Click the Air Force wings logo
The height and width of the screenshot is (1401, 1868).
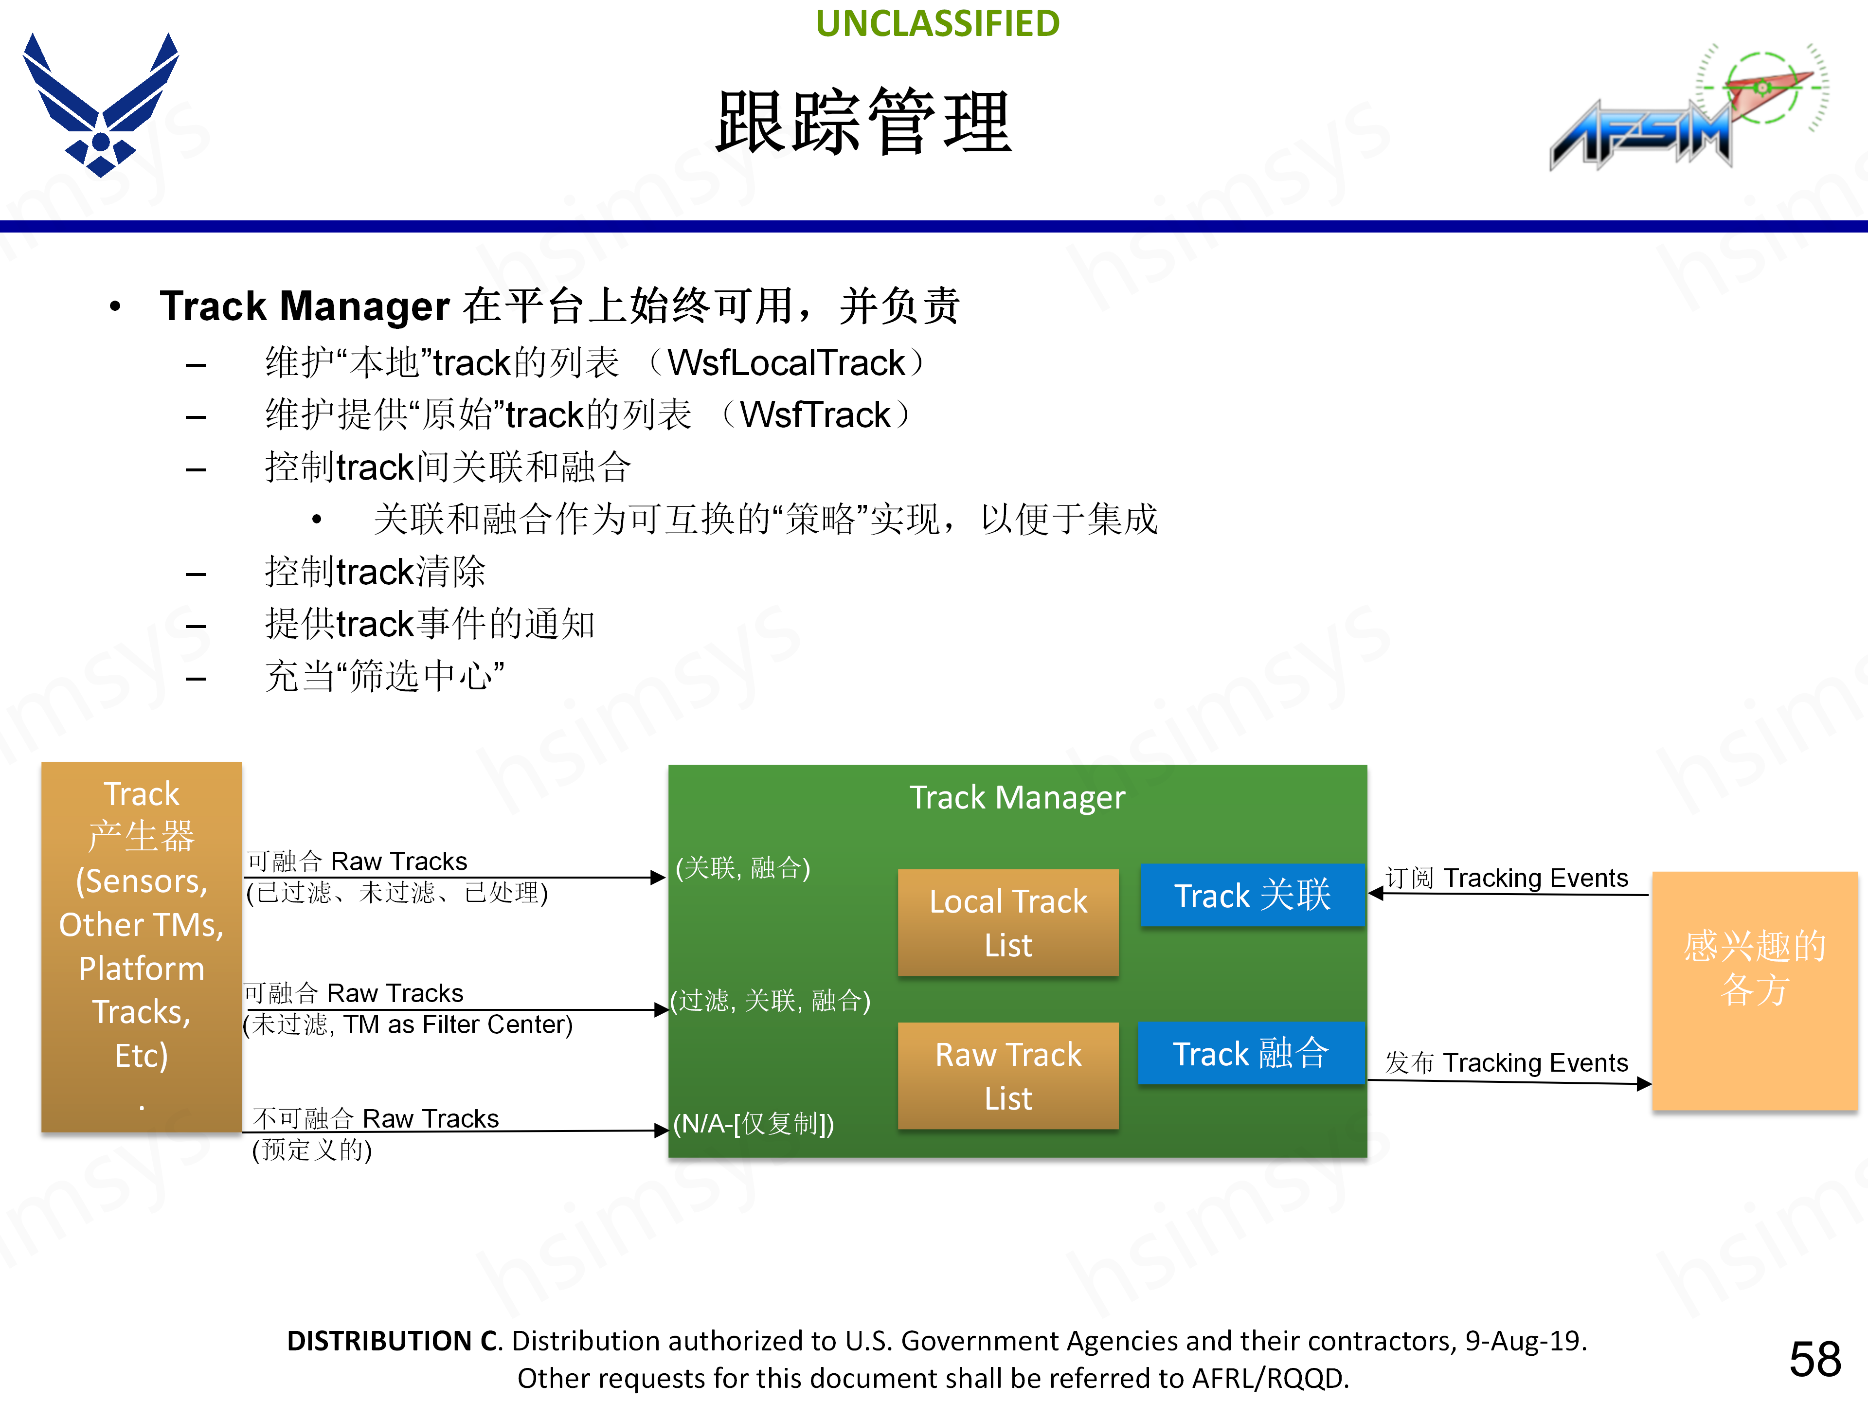[x=101, y=106]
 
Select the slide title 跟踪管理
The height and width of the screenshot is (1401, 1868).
[x=863, y=123]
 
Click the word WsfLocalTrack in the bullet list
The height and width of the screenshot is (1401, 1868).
[x=785, y=363]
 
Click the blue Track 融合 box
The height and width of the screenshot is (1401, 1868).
[x=1251, y=1053]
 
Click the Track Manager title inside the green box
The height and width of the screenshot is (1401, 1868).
[x=1017, y=797]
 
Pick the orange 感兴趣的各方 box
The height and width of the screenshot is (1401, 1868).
[x=1754, y=990]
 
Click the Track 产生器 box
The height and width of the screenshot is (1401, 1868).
[x=141, y=946]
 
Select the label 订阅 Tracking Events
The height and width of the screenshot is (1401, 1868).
[x=1507, y=878]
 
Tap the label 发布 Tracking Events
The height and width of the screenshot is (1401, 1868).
[x=1507, y=1062]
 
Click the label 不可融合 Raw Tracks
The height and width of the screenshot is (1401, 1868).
[x=376, y=1119]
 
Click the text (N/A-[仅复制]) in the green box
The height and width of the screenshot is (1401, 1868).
[x=753, y=1124]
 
